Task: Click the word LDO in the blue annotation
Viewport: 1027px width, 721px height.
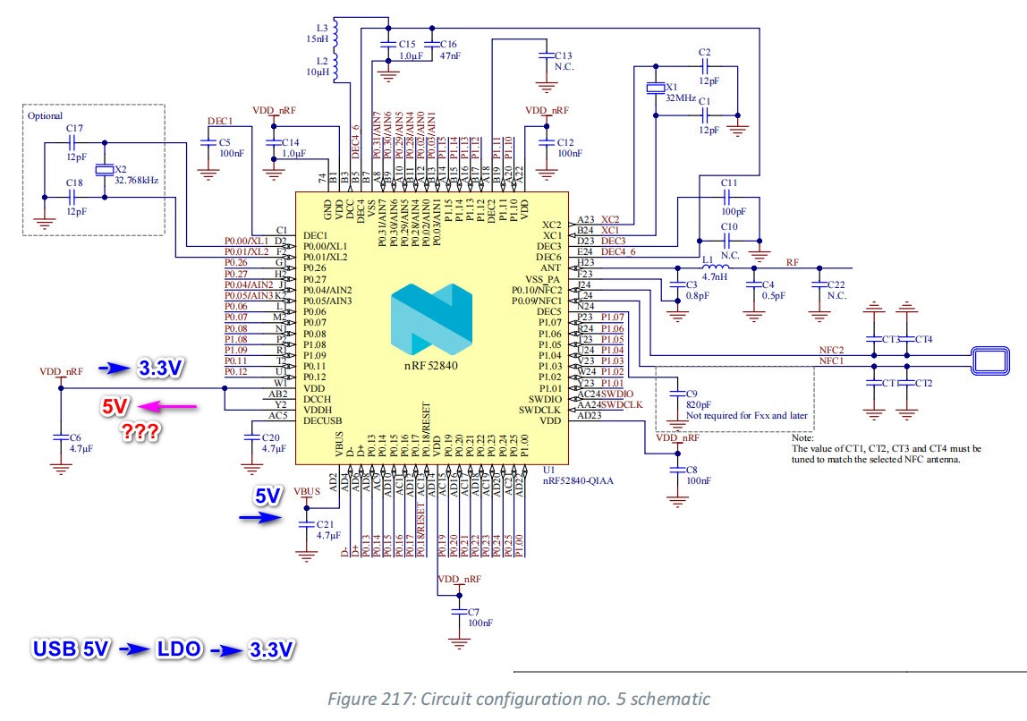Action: pos(173,649)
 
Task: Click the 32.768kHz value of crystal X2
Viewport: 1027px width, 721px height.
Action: pos(136,179)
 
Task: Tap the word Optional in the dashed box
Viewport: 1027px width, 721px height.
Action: pos(45,115)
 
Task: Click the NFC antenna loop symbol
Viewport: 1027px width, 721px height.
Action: pos(992,361)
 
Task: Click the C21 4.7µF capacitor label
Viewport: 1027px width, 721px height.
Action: pos(329,529)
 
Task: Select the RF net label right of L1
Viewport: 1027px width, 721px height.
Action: pos(792,263)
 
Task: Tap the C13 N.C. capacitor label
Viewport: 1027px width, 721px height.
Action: pos(563,60)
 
